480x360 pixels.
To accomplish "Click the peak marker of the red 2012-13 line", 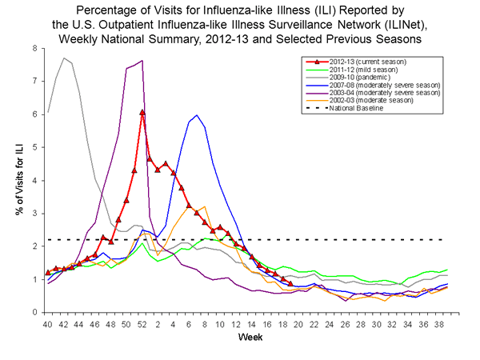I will coord(142,113).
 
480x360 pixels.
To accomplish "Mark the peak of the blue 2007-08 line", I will coord(197,115).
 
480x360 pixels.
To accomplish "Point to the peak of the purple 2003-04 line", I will coord(142,61).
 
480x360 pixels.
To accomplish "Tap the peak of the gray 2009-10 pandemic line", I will coord(64,58).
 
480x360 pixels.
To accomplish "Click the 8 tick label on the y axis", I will coord(34,49).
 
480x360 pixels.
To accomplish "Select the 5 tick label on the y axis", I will coord(34,147).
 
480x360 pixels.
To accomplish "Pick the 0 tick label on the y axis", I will coord(34,312).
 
